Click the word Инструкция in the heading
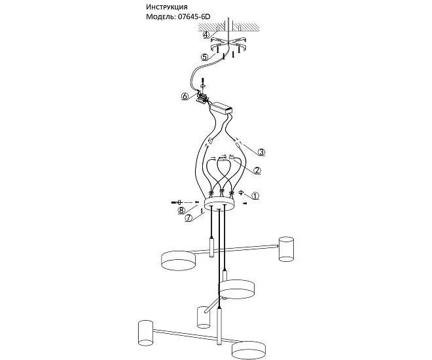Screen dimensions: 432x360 tap(167, 7)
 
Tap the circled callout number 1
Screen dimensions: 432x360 tap(255, 196)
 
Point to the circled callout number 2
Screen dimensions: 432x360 tap(257, 170)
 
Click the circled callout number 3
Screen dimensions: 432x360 tap(261, 152)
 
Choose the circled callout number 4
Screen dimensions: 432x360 tap(206, 35)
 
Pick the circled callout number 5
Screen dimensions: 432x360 tap(204, 57)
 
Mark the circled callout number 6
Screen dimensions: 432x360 tap(185, 96)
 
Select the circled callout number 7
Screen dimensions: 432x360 tap(188, 218)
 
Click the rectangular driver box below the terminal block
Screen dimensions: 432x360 tap(221, 107)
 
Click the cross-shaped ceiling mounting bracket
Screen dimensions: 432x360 tap(228, 45)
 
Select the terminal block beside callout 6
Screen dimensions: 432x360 tap(202, 98)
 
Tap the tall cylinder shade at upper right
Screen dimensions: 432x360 tap(286, 249)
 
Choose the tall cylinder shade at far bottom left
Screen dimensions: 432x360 tap(145, 333)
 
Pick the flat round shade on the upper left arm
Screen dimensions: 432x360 tap(178, 261)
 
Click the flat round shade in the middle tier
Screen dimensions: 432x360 tap(237, 289)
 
